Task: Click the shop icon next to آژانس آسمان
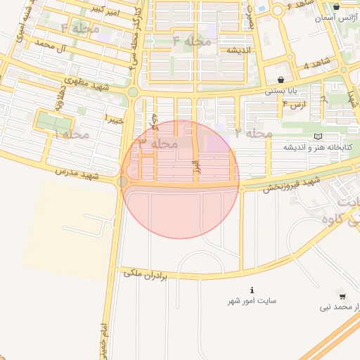coord(337,7)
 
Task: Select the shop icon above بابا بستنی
coord(281,80)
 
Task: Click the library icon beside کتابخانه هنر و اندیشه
coord(319,136)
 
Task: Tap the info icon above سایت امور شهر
coord(252,290)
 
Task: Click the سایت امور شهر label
coord(252,301)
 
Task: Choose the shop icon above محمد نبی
coord(342,296)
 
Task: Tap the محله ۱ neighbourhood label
coord(76,133)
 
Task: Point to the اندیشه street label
coord(239,51)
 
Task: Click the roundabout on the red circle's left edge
coord(123,182)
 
